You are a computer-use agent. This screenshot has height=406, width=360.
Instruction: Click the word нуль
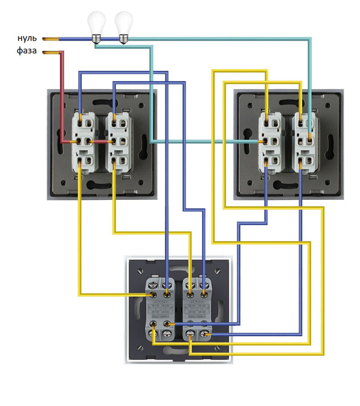[x=27, y=39]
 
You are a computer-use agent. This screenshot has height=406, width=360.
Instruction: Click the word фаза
[x=27, y=52]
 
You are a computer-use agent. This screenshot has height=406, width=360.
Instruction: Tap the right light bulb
[x=124, y=25]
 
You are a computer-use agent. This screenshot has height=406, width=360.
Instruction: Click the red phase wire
[x=62, y=96]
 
